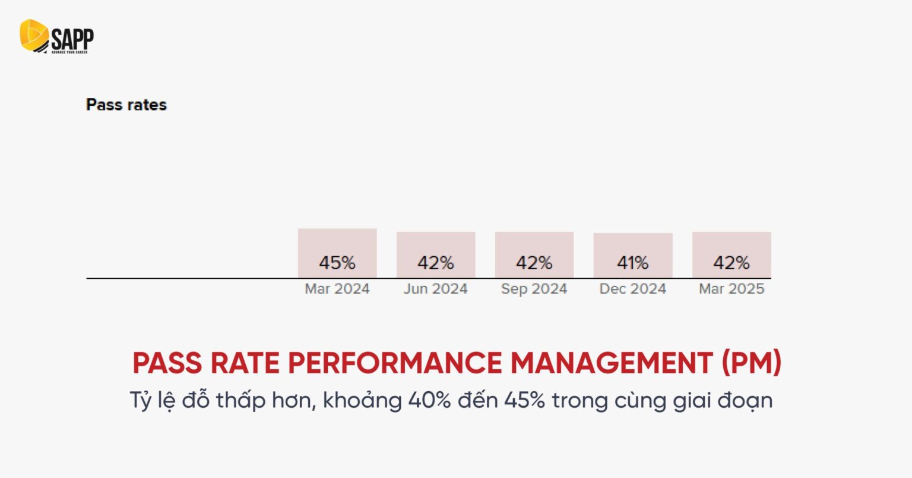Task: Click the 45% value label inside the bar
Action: (x=337, y=263)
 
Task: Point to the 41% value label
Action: (x=633, y=263)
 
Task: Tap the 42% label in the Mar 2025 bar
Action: (x=731, y=263)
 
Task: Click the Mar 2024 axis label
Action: (x=337, y=289)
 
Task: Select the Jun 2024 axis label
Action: (x=436, y=289)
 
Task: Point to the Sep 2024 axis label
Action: (x=534, y=289)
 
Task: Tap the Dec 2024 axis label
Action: (x=633, y=289)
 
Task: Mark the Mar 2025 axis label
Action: (x=731, y=289)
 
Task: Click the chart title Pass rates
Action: (x=126, y=105)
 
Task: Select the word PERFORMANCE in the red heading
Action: (x=395, y=363)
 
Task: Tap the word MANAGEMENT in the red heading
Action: (x=612, y=363)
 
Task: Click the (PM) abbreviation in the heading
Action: (x=752, y=363)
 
